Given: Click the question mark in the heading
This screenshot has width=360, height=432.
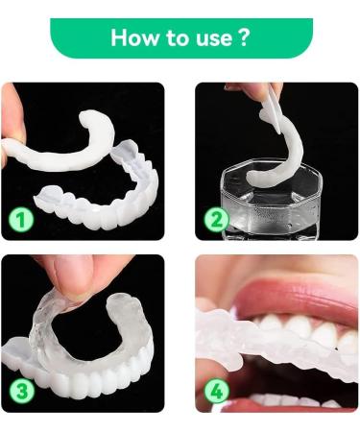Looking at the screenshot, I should pyautogui.click(x=243, y=38).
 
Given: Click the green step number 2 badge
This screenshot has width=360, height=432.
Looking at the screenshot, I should pyautogui.click(x=218, y=219).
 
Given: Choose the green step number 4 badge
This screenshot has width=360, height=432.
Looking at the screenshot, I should pyautogui.click(x=218, y=392).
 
